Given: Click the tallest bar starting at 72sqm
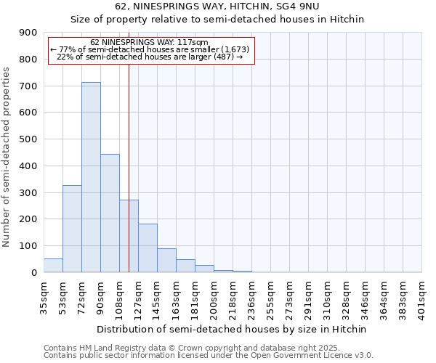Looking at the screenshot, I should (91, 177).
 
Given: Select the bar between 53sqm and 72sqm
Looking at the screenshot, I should (72, 229).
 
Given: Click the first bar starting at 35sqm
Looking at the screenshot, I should (53, 266).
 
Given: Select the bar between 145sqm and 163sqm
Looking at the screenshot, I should (166, 261).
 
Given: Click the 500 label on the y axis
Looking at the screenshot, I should (28, 139).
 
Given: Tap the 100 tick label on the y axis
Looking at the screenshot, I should (28, 246).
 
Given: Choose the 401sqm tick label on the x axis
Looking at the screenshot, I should (422, 298).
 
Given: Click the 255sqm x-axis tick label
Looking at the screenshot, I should (271, 298).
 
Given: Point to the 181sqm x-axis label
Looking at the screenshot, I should (195, 298).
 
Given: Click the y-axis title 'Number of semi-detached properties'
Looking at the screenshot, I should (7, 157).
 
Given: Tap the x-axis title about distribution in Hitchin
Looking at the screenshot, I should (233, 329).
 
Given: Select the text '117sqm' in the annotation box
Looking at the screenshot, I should (195, 42).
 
